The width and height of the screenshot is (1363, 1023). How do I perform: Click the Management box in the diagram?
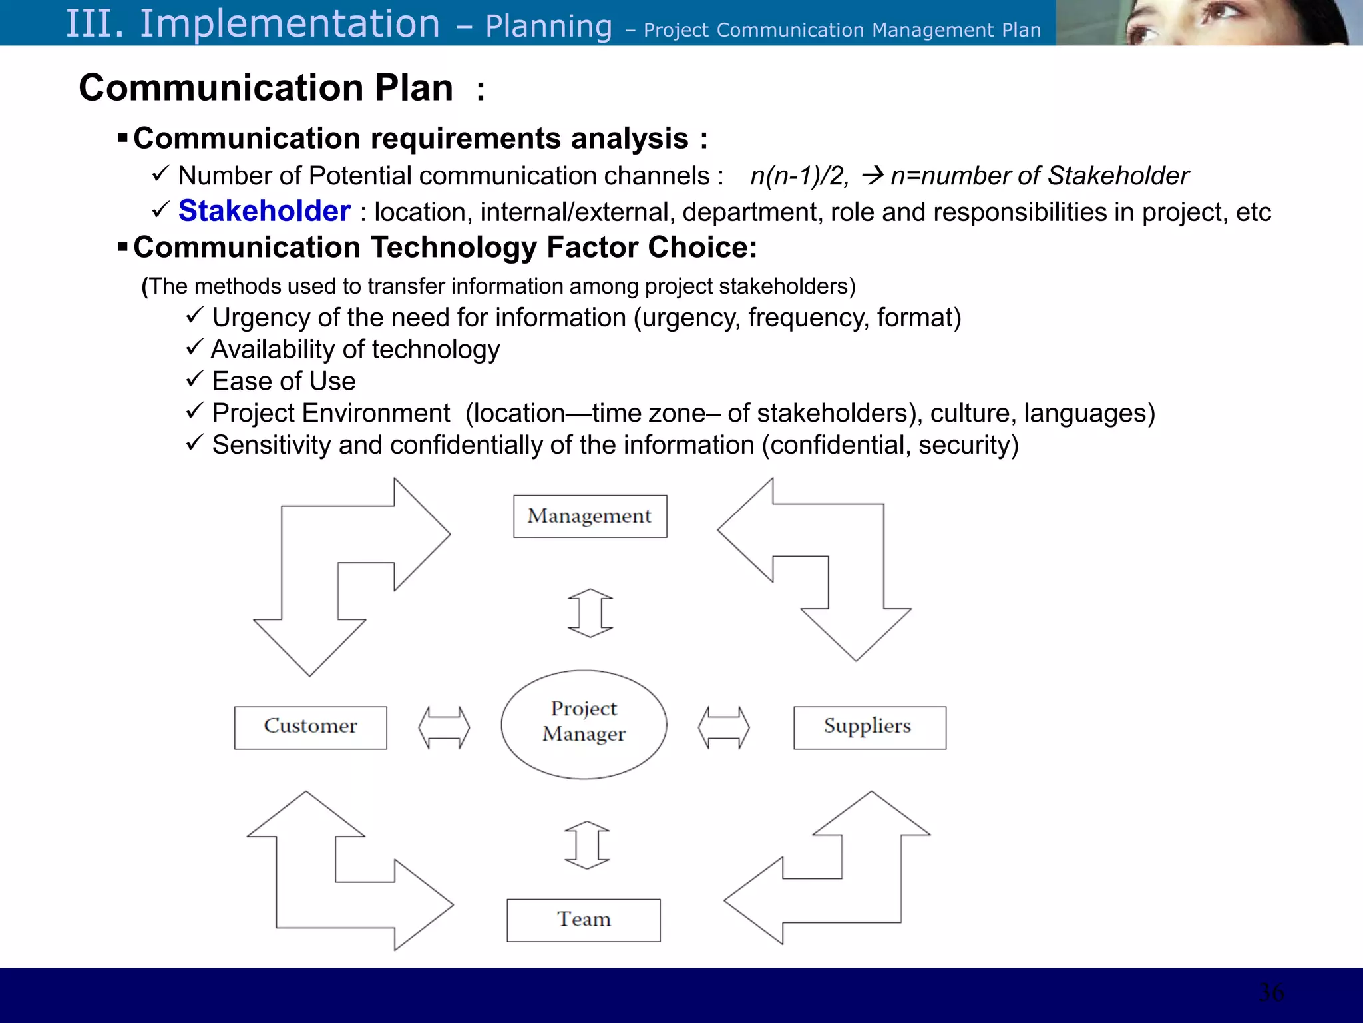coord(590,516)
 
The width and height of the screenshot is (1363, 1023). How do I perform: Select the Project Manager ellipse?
coord(584,724)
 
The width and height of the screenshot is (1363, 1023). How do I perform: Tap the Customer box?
coord(310,727)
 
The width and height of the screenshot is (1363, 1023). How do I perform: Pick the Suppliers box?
coord(869,727)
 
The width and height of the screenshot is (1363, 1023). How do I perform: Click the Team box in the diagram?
coord(583,920)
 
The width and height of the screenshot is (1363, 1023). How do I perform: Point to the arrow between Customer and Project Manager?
coord(444,727)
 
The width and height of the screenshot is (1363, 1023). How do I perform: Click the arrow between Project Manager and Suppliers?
coord(723,727)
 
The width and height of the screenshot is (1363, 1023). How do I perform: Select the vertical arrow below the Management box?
coord(590,613)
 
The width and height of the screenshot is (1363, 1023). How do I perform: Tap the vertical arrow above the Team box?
coord(587,845)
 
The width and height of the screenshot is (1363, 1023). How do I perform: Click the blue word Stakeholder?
coord(264,211)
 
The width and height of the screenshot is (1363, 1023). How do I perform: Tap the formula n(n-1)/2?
coord(799,176)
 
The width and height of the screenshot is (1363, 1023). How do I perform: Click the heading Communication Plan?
coord(266,88)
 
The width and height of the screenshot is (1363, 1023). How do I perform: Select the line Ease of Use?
coord(284,381)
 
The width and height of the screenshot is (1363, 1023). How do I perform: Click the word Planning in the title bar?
coord(548,27)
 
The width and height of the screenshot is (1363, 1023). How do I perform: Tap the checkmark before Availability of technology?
coord(194,347)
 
